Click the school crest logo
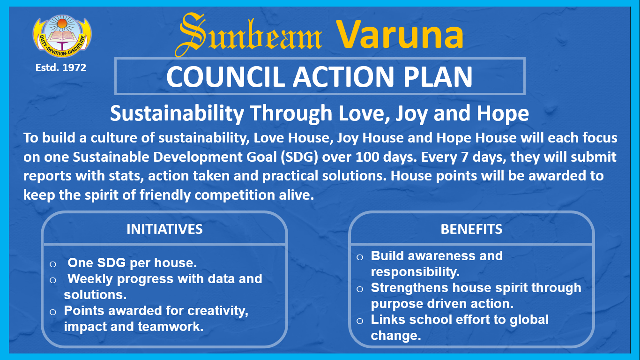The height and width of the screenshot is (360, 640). [x=62, y=36]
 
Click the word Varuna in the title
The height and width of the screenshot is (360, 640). [x=400, y=35]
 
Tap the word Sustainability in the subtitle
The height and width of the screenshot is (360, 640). [x=177, y=113]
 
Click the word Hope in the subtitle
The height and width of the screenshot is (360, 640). [x=503, y=113]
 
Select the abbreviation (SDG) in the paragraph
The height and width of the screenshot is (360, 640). [x=299, y=157]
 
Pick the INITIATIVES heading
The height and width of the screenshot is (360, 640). [x=164, y=229]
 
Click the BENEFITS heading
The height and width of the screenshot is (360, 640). [x=471, y=229]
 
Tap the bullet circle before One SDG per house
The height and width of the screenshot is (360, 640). [x=53, y=264]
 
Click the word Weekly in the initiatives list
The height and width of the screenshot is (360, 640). [x=90, y=279]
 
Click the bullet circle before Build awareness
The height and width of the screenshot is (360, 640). [x=360, y=257]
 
